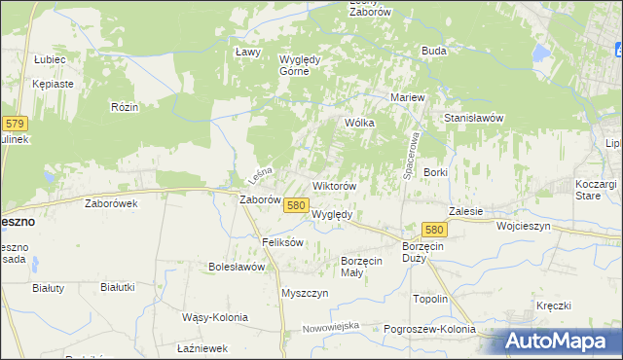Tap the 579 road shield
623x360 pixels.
click(15, 124)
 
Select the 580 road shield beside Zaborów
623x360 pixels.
click(297, 204)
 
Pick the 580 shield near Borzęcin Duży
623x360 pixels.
click(434, 229)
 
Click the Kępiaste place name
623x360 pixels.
click(53, 84)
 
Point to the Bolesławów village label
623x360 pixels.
click(238, 266)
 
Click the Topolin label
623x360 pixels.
click(430, 299)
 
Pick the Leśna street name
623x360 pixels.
click(258, 174)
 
